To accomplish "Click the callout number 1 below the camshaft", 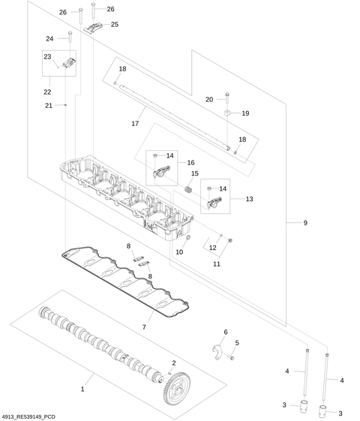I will pyautogui.click(x=82, y=389).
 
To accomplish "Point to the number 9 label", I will pyautogui.click(x=305, y=223).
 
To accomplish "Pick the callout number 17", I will pyautogui.click(x=136, y=123).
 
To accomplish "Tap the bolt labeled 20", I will pyautogui.click(x=227, y=97).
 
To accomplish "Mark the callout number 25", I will pyautogui.click(x=115, y=25).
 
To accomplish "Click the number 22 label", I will pyautogui.click(x=47, y=92).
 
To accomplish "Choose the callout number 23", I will pyautogui.click(x=46, y=56).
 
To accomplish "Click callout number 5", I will pyautogui.click(x=237, y=343).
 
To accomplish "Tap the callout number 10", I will pyautogui.click(x=179, y=252).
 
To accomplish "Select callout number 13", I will pyautogui.click(x=249, y=200).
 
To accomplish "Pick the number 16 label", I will pyautogui.click(x=190, y=162).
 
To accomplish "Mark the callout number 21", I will pyautogui.click(x=48, y=105).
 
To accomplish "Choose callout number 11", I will pyautogui.click(x=217, y=263).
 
